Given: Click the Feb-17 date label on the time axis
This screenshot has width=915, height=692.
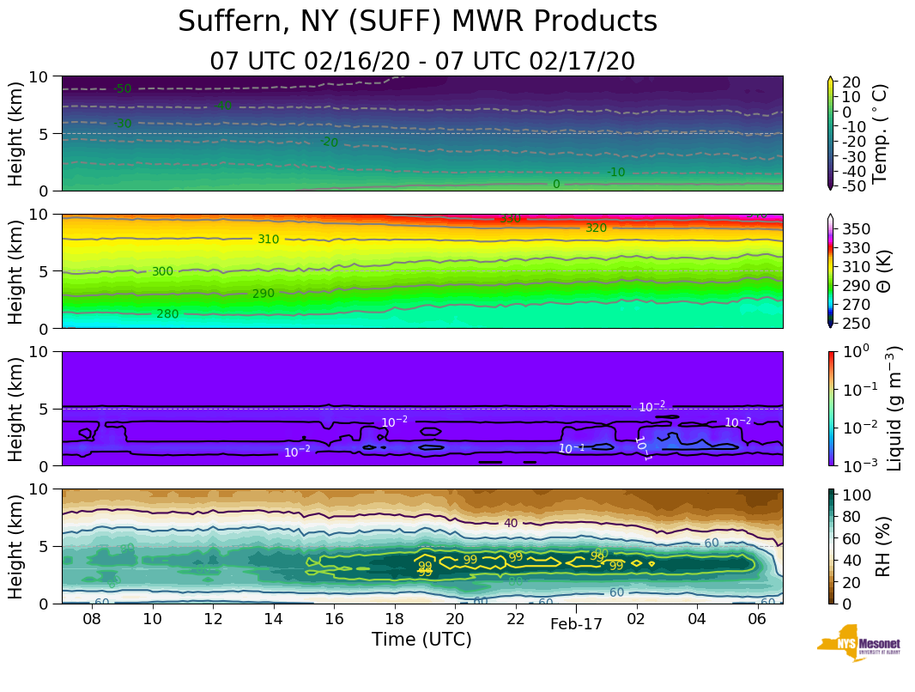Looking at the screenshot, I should pos(576,625).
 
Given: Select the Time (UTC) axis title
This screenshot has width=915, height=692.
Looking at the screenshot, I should pos(421,640).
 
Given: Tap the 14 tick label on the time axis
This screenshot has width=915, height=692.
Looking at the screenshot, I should pos(273,619).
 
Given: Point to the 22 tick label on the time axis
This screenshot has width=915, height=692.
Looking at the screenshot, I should pos(515,619).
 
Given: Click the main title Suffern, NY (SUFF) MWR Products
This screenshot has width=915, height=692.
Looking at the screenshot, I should pos(418,21).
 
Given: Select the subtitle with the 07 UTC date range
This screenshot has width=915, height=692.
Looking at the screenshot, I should pos(422,62).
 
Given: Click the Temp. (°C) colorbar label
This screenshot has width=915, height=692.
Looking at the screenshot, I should pos(880,133).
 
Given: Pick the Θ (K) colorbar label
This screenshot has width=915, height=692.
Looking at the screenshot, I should pos(880,270).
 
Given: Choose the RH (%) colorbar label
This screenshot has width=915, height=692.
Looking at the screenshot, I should pos(880,545).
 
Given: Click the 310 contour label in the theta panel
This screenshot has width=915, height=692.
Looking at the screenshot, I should pos(269,239).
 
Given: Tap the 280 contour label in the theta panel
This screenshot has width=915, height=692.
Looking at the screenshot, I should pos(167,314).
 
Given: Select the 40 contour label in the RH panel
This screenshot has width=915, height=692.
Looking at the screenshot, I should pos(511,523).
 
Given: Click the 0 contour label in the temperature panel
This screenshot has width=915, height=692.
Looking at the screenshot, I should pos(556,184).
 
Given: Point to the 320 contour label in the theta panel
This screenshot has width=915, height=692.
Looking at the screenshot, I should pos(596,228).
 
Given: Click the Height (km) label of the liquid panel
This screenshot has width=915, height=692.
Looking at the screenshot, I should pos(16,408).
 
